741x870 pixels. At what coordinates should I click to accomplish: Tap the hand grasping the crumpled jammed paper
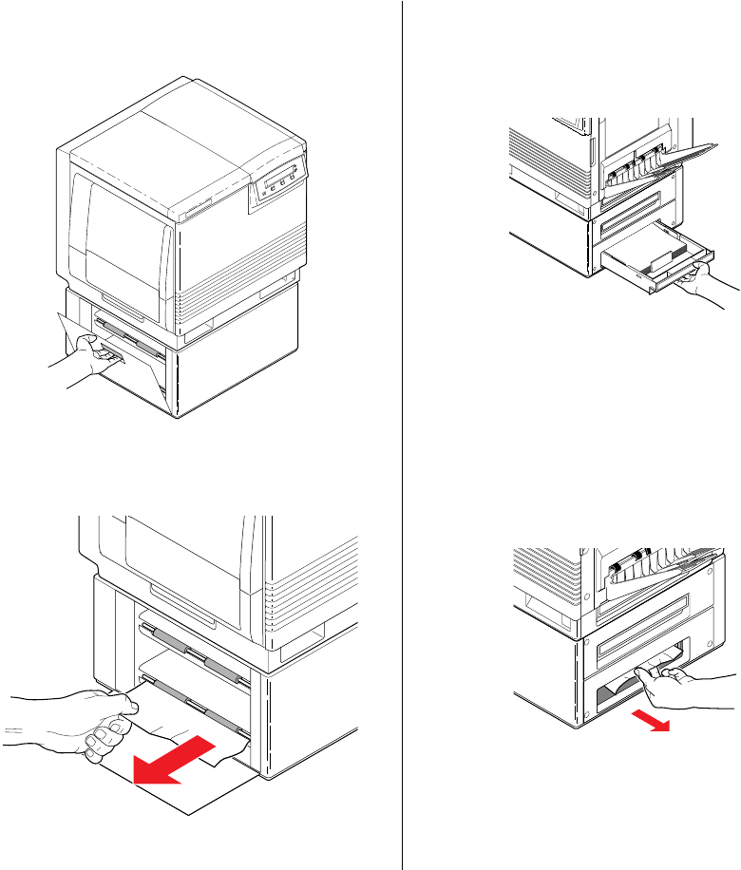[x=679, y=682]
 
